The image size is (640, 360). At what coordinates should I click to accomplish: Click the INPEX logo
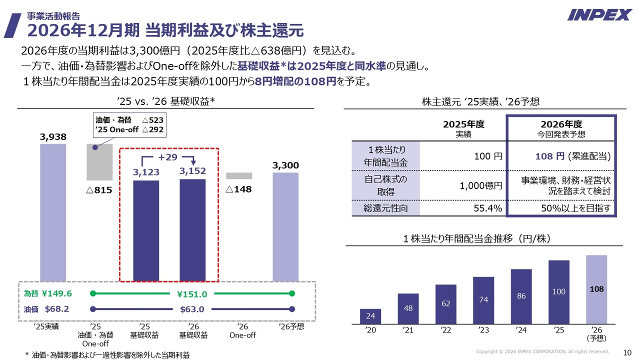(x=599, y=14)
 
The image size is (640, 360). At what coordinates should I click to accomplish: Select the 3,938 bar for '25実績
(x=53, y=212)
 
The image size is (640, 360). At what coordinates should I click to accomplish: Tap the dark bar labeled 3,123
(x=146, y=230)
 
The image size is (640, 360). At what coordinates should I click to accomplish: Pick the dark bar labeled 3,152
(x=192, y=230)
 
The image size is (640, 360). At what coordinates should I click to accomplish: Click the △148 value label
(x=238, y=189)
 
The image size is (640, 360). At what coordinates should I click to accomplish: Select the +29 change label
(x=168, y=157)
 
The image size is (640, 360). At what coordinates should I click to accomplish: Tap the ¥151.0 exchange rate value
(x=192, y=294)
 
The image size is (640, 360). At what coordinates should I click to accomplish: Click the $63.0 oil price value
(x=192, y=309)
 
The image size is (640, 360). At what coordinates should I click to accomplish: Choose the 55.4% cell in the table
(x=487, y=208)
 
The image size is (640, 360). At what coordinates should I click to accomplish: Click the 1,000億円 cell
(x=481, y=185)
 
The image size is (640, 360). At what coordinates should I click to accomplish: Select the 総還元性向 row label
(x=385, y=208)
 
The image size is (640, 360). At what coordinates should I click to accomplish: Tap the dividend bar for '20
(x=370, y=316)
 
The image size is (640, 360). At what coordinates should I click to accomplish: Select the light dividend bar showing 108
(x=596, y=289)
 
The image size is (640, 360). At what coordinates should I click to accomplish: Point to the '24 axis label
(x=521, y=329)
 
